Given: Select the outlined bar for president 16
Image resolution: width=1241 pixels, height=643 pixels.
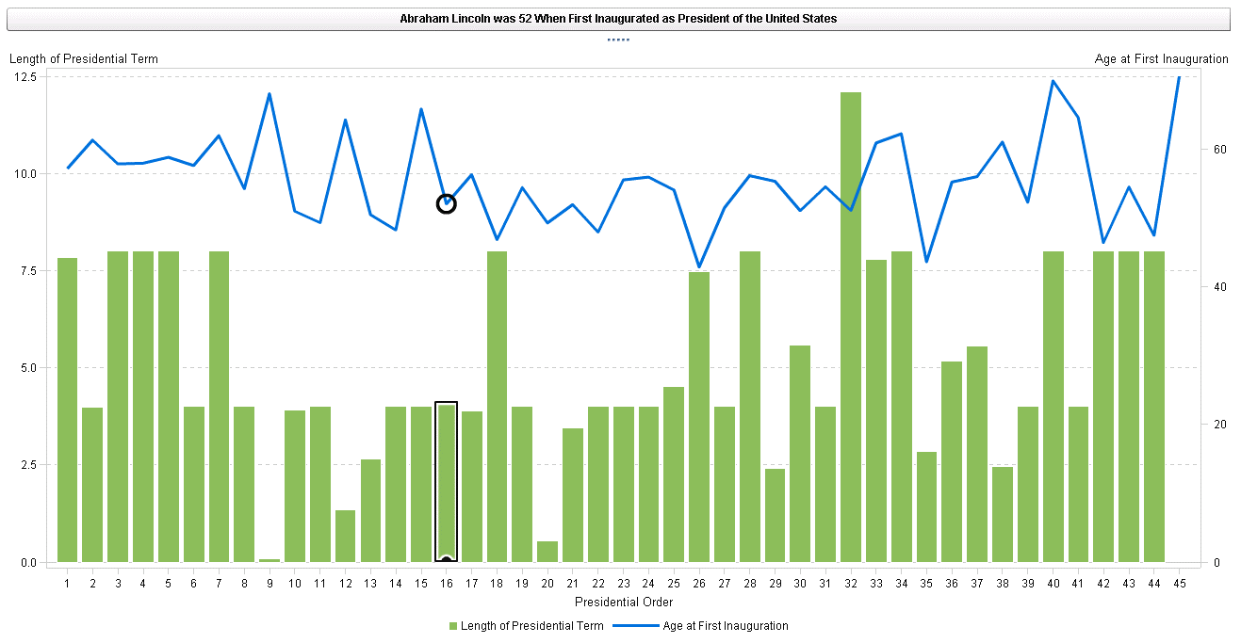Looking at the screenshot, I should [447, 482].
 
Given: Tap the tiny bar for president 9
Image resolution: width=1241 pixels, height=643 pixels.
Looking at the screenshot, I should [269, 560].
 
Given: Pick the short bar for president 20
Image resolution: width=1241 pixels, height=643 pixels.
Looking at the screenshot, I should [547, 552].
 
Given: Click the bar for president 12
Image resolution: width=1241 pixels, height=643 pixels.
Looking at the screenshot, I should [345, 536].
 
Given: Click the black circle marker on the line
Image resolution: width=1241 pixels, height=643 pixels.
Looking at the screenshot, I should [447, 203].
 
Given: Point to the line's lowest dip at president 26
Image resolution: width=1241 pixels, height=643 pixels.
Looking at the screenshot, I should [699, 267].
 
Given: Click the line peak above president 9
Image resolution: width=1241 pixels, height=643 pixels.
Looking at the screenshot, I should [269, 94].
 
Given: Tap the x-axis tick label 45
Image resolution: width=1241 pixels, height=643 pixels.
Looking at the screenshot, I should [1179, 584].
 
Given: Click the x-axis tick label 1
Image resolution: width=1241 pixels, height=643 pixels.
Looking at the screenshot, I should [68, 584].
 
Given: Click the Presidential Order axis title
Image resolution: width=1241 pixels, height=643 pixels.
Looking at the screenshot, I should [623, 602].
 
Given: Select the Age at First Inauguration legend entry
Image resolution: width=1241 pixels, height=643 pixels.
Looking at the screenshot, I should [725, 626].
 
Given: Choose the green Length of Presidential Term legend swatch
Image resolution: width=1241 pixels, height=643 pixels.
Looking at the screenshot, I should [453, 626].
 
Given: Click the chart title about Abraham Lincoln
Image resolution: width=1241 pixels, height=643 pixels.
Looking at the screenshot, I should [618, 19].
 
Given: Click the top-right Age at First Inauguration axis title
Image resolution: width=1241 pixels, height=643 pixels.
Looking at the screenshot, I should [1161, 58].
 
